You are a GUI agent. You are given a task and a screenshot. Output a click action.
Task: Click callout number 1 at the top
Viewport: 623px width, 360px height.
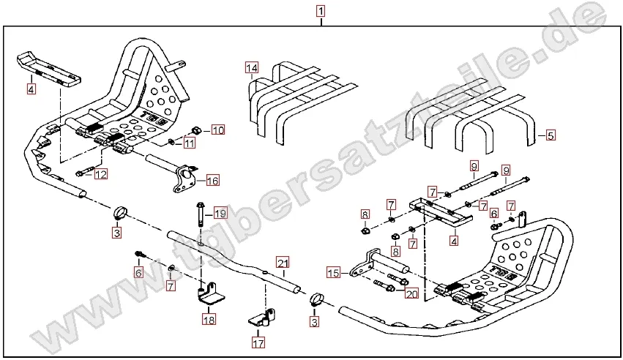click(321, 11)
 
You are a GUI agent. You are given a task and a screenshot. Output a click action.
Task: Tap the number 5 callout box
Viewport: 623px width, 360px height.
click(551, 135)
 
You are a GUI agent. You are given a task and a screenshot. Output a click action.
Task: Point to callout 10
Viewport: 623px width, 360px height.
click(218, 130)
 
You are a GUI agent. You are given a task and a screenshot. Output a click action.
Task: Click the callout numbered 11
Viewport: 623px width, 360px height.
click(190, 143)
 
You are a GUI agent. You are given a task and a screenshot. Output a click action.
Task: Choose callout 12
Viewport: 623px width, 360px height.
click(100, 174)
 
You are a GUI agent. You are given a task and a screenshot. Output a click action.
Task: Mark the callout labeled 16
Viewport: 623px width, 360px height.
click(212, 180)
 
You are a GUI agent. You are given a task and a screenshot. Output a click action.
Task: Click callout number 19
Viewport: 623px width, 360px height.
click(220, 214)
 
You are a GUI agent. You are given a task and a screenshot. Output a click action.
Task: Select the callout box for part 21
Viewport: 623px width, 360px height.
click(283, 263)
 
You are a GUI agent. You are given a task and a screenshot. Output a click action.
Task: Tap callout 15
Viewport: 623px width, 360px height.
click(334, 273)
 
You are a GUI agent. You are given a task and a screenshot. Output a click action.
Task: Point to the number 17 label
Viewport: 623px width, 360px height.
click(258, 341)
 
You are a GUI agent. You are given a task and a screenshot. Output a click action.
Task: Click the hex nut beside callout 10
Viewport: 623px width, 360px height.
click(196, 130)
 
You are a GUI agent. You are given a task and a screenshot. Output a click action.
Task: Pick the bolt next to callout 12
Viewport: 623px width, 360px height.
click(82, 173)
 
